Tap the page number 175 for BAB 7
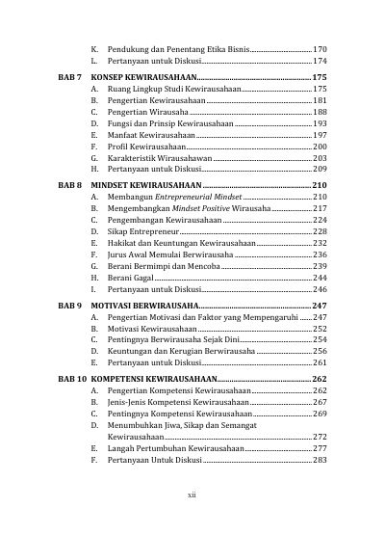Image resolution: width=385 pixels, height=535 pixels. (321, 75)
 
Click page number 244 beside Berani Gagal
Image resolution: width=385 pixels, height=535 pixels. (321, 277)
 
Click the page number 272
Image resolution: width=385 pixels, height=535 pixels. (321, 437)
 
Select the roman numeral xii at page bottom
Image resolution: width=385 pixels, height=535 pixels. (192, 495)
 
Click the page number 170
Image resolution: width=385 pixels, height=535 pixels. (321, 48)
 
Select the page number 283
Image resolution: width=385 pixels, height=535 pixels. (321, 460)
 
